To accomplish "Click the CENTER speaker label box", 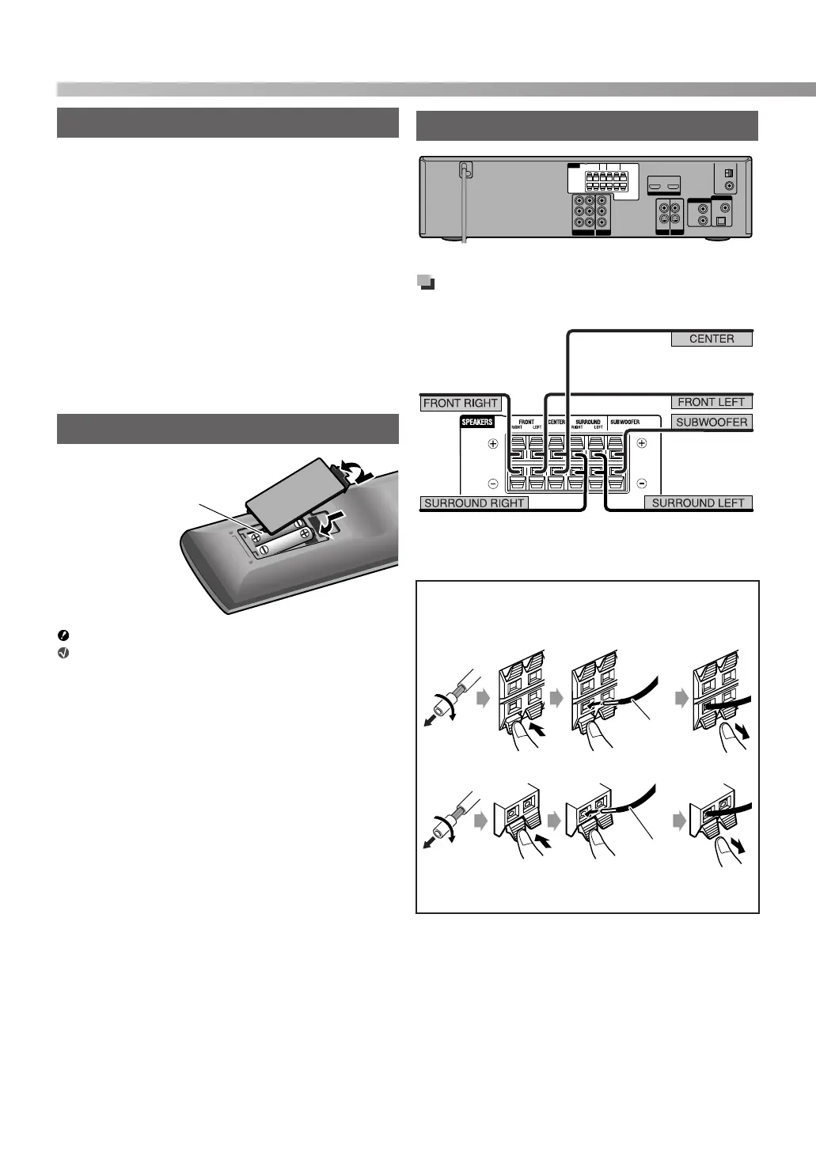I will [x=712, y=339].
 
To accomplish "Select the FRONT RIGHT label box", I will [x=461, y=403].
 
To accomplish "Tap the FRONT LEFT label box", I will [x=712, y=402].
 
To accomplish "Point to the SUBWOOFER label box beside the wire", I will [x=712, y=422].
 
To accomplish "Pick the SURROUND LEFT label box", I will [x=698, y=503].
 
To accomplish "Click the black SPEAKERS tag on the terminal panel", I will [x=478, y=422].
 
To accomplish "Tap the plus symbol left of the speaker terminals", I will [x=493, y=444].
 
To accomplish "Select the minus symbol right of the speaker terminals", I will [x=642, y=483].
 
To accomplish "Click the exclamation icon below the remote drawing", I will [x=63, y=635].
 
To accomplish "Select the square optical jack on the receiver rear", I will [x=719, y=222].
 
